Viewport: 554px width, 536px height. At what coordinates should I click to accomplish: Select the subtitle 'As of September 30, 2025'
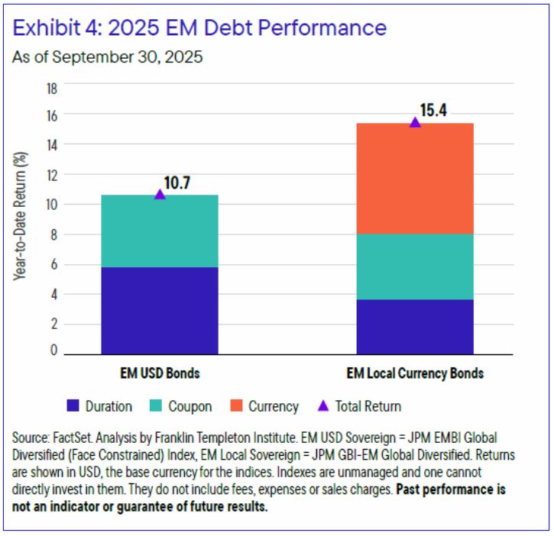(107, 57)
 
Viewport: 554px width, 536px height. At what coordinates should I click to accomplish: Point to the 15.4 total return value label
(433, 110)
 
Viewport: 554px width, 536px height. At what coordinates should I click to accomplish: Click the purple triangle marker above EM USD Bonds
(160, 194)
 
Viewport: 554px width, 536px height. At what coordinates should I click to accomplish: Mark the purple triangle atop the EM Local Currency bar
(415, 122)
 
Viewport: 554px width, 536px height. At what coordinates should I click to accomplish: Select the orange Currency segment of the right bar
(415, 178)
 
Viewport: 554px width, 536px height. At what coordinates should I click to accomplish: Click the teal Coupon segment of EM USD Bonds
(160, 231)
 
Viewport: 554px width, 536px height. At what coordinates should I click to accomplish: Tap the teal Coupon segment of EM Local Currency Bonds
(415, 266)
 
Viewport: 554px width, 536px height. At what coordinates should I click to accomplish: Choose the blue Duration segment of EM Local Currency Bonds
(415, 327)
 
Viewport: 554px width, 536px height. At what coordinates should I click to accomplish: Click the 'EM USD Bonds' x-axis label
(159, 374)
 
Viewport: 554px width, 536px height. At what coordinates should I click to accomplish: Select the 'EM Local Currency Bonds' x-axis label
(415, 374)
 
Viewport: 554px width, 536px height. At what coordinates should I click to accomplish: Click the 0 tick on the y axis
(54, 350)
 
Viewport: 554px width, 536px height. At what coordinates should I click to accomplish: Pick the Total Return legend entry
(359, 406)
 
